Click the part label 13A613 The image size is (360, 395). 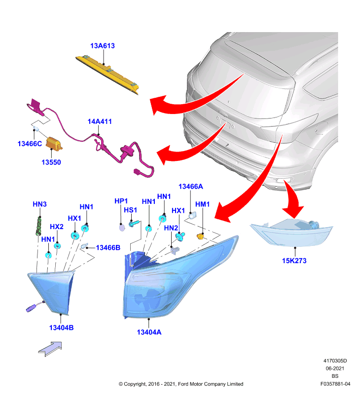coord(103,46)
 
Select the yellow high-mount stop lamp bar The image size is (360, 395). coord(108,75)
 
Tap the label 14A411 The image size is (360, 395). coord(100,121)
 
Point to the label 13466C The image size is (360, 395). coord(30,144)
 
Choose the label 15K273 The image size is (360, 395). coord(294,261)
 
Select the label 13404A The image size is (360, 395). coord(149,332)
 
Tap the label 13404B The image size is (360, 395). coord(61,328)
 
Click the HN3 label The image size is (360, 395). coord(39,204)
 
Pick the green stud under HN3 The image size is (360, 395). coord(38,226)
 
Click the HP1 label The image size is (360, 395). coord(121,201)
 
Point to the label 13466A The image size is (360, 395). coord(191,187)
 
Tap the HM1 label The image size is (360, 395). coord(202,204)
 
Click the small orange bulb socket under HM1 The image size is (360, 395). coord(200,237)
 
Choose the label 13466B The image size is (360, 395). coord(108,248)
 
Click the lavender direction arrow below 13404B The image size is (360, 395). coord(50,349)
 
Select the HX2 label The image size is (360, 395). coord(57,227)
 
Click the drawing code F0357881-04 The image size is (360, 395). coord(335,384)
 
